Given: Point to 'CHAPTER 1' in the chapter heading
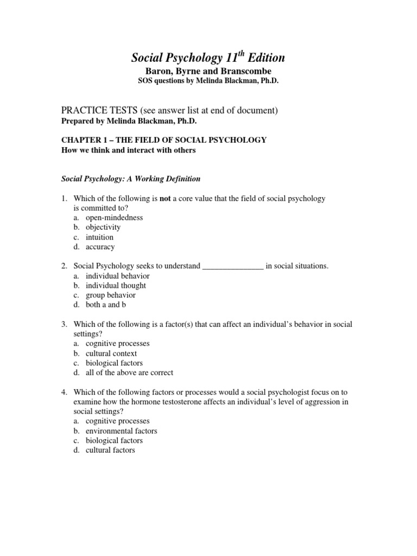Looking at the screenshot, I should (81, 140).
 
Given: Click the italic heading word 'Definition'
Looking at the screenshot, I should (179, 179).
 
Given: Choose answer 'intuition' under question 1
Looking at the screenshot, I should (100, 237).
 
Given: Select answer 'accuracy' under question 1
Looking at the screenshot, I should (100, 247).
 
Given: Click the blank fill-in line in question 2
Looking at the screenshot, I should (233, 266).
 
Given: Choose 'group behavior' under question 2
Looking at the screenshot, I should (111, 295).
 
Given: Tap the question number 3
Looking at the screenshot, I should (63, 324).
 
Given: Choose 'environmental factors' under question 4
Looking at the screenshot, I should (122, 431).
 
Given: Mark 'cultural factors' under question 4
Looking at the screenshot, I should (110, 450).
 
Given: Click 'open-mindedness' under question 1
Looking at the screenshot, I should (114, 218).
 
